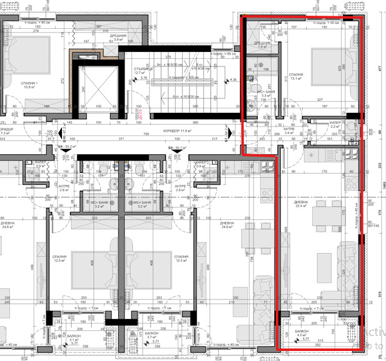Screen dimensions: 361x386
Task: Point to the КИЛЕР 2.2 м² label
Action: tap(336, 125)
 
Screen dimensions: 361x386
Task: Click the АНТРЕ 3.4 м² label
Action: tap(289, 131)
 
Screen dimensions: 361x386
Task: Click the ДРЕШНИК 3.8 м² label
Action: tap(118, 38)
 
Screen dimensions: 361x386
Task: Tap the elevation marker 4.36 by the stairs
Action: tap(233, 80)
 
